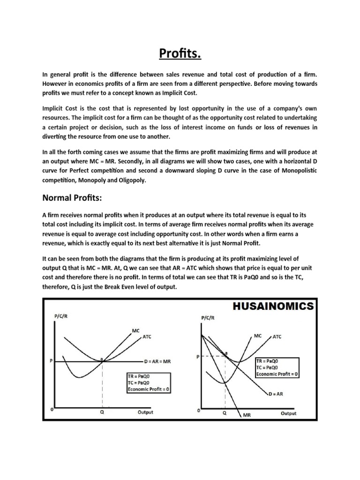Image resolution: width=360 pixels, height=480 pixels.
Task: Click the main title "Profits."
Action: (x=180, y=55)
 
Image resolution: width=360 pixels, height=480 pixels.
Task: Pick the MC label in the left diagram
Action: (x=136, y=330)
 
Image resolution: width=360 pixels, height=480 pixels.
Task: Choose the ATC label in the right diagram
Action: (x=277, y=337)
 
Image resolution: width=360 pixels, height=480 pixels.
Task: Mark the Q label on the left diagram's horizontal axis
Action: (x=102, y=413)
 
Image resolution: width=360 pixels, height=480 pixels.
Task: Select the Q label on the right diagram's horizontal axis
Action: (x=225, y=414)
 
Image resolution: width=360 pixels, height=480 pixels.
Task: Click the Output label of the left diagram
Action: (x=145, y=412)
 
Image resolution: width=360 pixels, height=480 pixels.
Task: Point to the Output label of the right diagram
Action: (x=288, y=413)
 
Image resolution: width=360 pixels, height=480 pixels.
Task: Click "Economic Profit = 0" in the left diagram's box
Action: (x=150, y=389)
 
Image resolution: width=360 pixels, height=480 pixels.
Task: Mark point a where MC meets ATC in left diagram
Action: (x=102, y=359)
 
